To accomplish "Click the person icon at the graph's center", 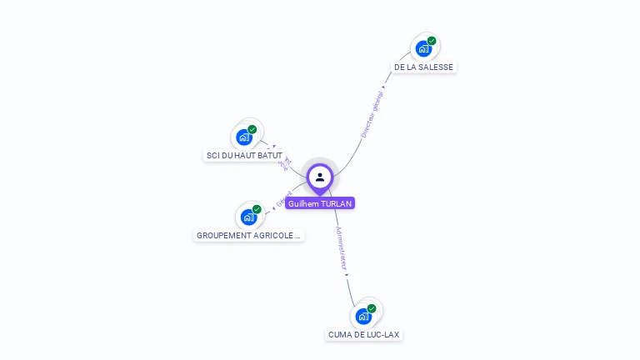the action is tap(320, 177).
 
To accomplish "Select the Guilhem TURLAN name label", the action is tap(320, 203).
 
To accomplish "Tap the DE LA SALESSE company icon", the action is tap(423, 48).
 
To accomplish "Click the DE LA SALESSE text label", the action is tap(425, 67).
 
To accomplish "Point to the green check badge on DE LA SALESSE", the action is tap(432, 41).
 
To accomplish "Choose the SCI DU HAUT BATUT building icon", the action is tap(244, 137).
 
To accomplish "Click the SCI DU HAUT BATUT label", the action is tap(244, 156).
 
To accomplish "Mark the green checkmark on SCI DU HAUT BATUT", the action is tap(252, 129).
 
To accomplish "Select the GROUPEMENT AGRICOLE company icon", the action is tap(248, 217).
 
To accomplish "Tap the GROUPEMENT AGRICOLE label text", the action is tap(248, 236).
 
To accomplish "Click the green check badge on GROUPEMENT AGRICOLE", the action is tap(257, 209).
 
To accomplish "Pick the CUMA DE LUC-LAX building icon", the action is tap(363, 316).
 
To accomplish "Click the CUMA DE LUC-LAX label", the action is tap(364, 335).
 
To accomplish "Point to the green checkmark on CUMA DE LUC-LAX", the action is tap(372, 308).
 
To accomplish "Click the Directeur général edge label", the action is tap(372, 113).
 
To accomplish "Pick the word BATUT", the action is tap(269, 156).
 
